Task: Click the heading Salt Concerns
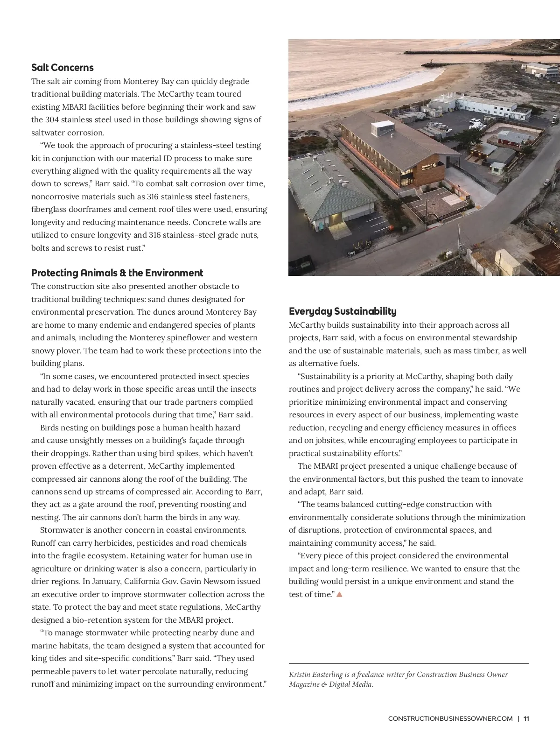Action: (x=63, y=68)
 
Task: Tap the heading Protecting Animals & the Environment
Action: (x=117, y=273)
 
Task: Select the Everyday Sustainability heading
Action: (x=343, y=311)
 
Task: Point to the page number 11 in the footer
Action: (x=526, y=718)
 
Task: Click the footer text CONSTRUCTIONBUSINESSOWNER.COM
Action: (x=450, y=718)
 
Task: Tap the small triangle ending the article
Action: (x=339, y=594)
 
